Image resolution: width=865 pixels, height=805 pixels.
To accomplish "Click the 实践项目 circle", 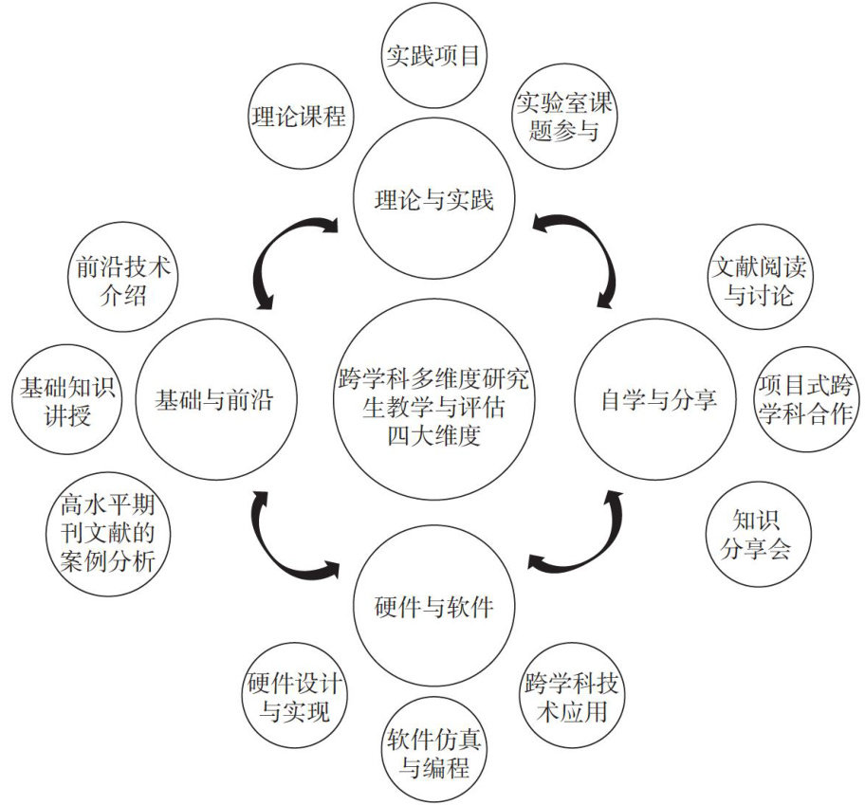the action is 434,55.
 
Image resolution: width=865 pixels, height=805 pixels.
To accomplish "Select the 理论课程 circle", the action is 298,117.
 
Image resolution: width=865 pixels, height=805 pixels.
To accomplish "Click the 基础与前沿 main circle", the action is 213,399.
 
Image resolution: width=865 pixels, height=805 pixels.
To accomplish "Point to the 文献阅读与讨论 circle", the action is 759,280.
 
